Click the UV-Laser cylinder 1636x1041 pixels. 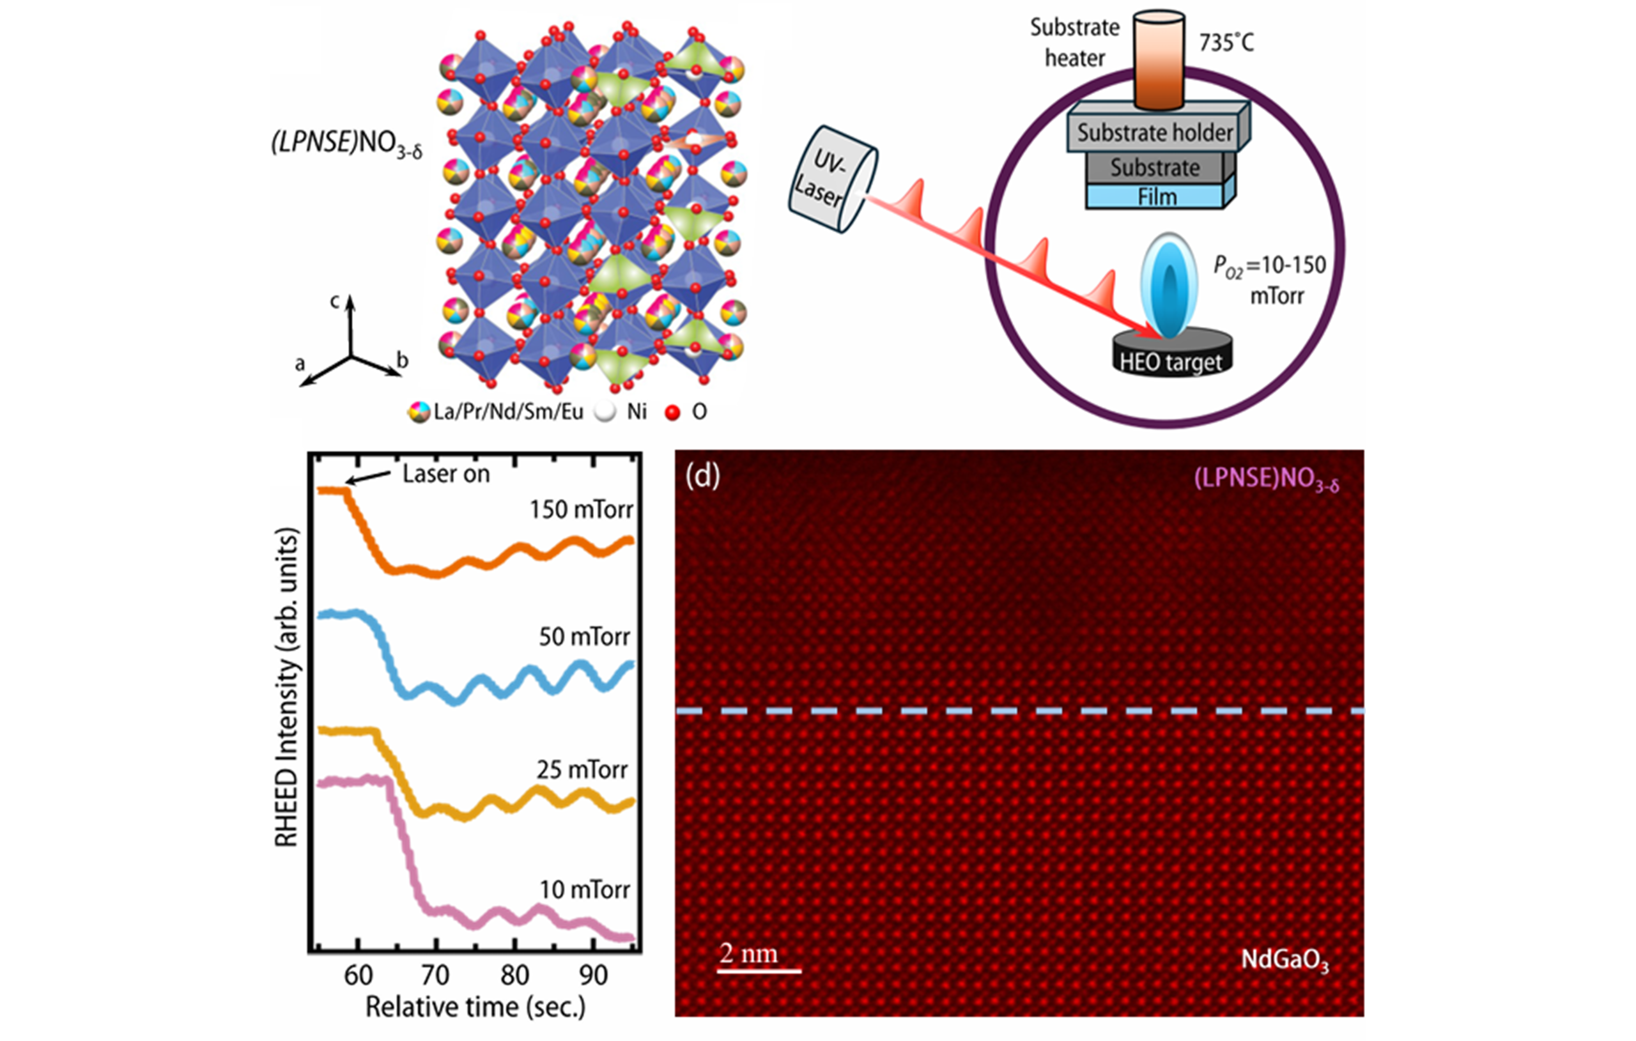tap(833, 179)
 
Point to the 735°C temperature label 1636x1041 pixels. tap(1227, 43)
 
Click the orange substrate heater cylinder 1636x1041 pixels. tap(1159, 60)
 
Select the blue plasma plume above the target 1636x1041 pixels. tap(1169, 286)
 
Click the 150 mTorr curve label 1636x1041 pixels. tap(582, 509)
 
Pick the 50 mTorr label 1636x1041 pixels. tap(585, 636)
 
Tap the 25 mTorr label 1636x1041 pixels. tap(582, 770)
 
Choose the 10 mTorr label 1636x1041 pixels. tap(585, 890)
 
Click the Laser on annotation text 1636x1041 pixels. tap(446, 474)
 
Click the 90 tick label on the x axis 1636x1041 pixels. tap(593, 975)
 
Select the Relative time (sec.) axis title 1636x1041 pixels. tap(475, 1007)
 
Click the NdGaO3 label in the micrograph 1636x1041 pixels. tap(1285, 960)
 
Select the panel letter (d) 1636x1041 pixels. tap(702, 475)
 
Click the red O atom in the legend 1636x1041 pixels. tap(672, 412)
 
